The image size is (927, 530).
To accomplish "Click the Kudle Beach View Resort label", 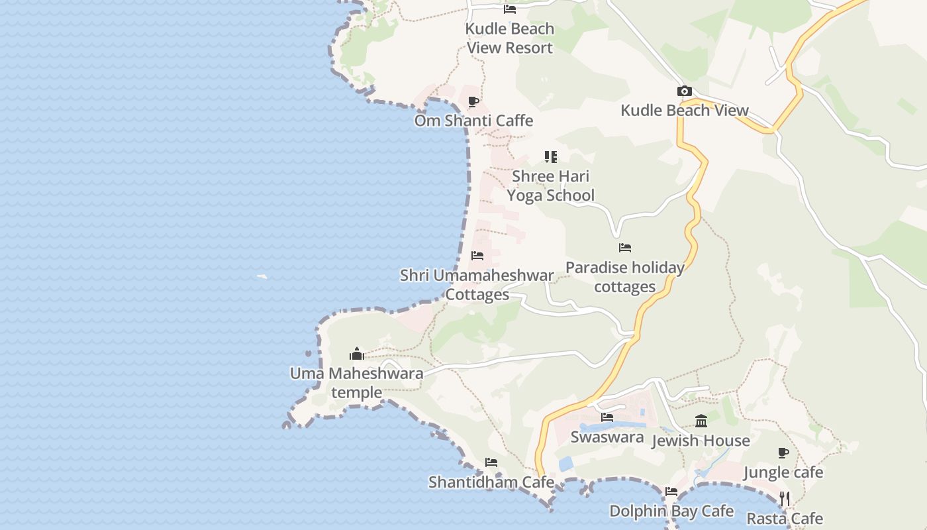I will (509, 38).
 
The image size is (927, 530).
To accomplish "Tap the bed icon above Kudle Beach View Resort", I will (509, 9).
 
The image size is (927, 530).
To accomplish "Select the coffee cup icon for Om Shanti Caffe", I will (473, 101).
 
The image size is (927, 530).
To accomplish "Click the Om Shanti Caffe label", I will (473, 121).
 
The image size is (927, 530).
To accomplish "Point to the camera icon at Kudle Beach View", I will (684, 91).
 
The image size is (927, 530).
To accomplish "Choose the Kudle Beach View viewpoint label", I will (685, 111).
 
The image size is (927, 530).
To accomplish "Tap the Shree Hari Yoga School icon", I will (550, 157).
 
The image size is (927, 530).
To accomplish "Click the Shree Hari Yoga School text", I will (550, 185).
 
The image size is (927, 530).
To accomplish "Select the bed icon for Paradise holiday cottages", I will (624, 248).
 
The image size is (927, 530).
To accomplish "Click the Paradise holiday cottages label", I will (624, 277).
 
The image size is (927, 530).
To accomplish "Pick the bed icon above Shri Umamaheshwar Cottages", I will (477, 256).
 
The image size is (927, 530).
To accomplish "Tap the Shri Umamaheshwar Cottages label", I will (477, 285).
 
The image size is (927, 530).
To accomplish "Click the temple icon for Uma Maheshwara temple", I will (357, 354).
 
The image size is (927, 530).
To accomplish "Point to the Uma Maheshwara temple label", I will (357, 382).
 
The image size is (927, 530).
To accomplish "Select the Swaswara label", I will (607, 437).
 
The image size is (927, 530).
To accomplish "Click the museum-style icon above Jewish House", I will (701, 421).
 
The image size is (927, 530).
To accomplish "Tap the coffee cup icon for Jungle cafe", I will (783, 453).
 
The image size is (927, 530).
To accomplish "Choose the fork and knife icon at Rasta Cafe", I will (785, 499).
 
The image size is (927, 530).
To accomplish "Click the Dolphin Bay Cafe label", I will (671, 511).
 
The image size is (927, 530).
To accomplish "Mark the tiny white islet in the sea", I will (262, 276).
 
